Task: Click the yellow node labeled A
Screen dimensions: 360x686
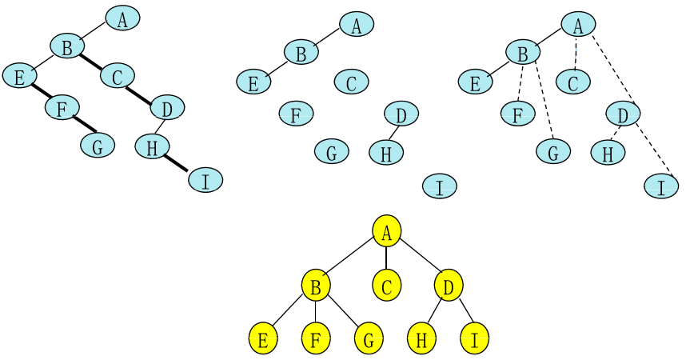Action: click(x=386, y=231)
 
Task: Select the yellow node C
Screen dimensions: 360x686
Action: click(x=386, y=285)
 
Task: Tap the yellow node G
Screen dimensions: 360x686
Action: click(x=369, y=339)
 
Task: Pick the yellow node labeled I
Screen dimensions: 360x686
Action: click(x=474, y=339)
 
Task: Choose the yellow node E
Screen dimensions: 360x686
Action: click(x=262, y=339)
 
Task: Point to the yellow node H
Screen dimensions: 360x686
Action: click(x=421, y=339)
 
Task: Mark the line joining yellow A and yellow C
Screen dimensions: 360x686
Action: click(x=386, y=258)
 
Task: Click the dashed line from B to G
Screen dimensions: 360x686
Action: click(x=544, y=104)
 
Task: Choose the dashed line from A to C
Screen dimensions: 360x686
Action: click(x=575, y=53)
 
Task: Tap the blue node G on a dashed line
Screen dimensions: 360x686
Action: click(x=553, y=152)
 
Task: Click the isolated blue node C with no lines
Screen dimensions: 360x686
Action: click(x=351, y=82)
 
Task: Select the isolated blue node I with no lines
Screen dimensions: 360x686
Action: click(x=439, y=187)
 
